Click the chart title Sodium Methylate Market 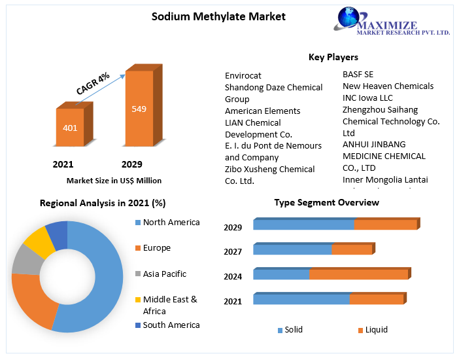click(x=218, y=16)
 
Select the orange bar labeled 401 click(x=70, y=127)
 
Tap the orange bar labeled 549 click(x=139, y=108)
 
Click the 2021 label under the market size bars click(x=63, y=164)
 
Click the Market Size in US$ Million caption click(x=114, y=180)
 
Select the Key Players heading click(x=333, y=58)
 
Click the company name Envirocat click(x=243, y=76)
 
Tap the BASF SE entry click(x=358, y=74)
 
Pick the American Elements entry click(x=263, y=111)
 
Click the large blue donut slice click(x=98, y=275)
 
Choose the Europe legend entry click(x=156, y=248)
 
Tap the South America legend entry click(x=171, y=325)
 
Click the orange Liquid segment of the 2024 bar click(x=358, y=274)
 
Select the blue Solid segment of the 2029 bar click(x=303, y=225)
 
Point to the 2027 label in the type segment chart click(x=233, y=251)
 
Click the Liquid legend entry click(x=376, y=329)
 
